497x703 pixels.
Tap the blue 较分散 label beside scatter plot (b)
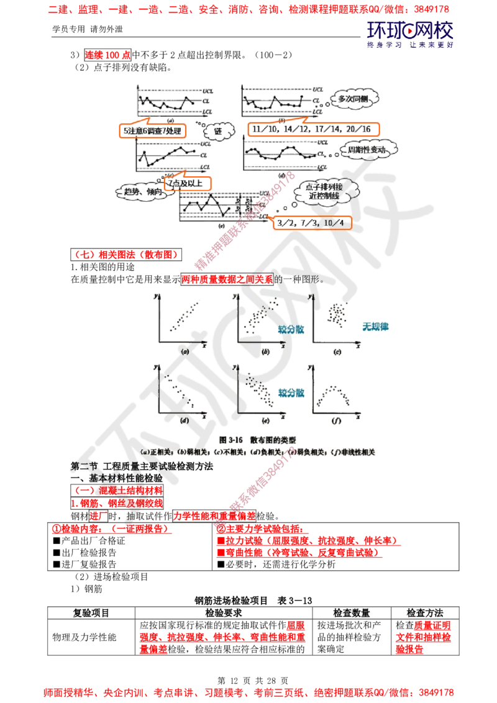click(291, 330)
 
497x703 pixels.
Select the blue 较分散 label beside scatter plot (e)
click(291, 393)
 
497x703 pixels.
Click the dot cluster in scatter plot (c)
click(339, 314)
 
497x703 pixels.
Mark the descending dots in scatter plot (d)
click(180, 391)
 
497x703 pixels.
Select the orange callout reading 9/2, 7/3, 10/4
click(312, 222)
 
